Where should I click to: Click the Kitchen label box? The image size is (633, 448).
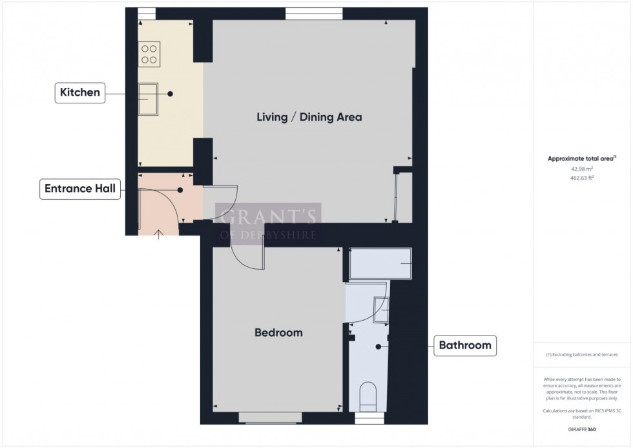pos(80,93)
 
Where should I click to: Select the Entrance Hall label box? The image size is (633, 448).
pos(80,189)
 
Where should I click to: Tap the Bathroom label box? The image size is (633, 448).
pos(465,345)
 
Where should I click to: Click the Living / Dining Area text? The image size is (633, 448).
pos(309,118)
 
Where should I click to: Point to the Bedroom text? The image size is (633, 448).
pos(278,333)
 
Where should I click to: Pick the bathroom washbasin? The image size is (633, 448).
pos(381,309)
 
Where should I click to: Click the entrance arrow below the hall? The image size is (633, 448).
pos(159,233)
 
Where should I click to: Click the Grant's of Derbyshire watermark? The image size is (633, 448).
pos(268,223)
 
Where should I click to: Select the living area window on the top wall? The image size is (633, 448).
pos(314,12)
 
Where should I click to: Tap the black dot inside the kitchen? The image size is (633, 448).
pos(171,94)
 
